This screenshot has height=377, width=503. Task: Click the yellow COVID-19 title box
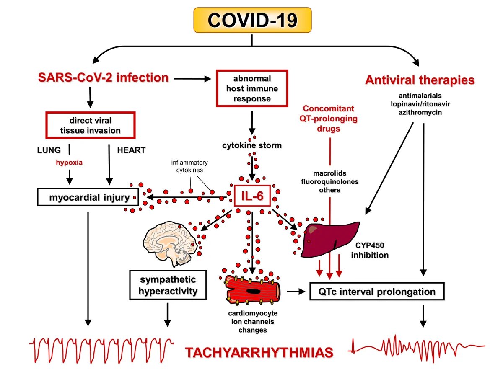coord(252,20)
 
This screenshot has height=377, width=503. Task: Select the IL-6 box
coord(252,196)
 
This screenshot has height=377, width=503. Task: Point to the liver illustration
coord(330,239)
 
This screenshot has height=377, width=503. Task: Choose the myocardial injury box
coord(88,197)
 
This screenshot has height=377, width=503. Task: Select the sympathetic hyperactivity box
coord(168,285)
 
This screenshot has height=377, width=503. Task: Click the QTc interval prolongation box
coord(377,292)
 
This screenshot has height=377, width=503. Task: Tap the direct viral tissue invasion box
coord(91,125)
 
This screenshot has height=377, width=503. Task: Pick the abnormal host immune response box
coord(252,88)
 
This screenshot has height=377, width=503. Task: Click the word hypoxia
coord(69,162)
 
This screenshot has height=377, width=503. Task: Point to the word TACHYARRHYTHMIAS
coord(259,352)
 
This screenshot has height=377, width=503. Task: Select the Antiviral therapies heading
coord(420,80)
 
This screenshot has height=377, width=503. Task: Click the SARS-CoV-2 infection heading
coord(104,77)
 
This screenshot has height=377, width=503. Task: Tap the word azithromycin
coord(420,112)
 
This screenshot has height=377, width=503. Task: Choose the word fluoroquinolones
coord(329,181)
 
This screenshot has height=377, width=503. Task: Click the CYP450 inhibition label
coord(370,250)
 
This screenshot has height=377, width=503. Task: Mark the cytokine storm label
coord(252,145)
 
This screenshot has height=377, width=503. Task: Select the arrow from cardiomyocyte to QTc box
coord(296,292)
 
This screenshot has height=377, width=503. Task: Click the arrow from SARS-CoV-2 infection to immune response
coord(192,79)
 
